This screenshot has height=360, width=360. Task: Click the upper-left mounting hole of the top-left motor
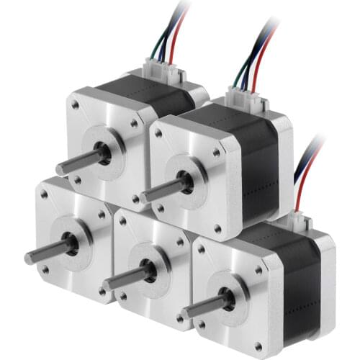point(76,105)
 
